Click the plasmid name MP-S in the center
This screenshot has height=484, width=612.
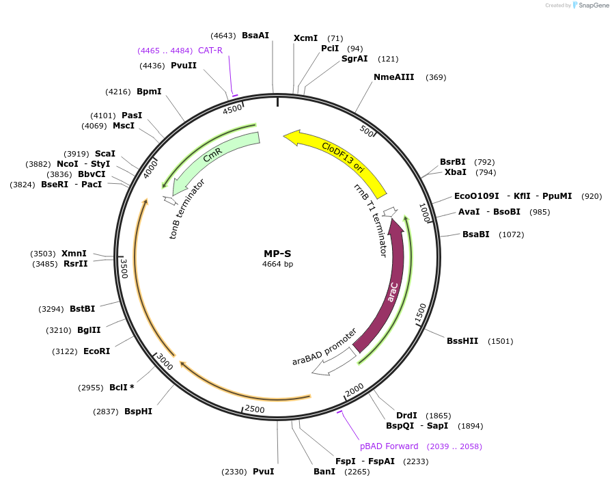coord(277,254)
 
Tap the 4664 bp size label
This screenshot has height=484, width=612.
coord(277,264)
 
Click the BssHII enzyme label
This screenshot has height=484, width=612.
coord(462,341)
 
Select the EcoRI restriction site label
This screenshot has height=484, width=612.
coord(96,351)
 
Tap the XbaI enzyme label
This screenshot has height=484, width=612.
coord(456,172)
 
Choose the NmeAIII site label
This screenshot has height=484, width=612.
coord(394,77)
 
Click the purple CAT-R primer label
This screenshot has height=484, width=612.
coord(210,51)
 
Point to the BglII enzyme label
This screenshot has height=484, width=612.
coord(89,330)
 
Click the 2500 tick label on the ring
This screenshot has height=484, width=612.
coord(255,409)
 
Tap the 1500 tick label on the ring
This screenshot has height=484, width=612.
coord(421,312)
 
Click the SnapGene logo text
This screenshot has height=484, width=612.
coord(591,5)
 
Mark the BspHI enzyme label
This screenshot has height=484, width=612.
coord(138,412)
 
